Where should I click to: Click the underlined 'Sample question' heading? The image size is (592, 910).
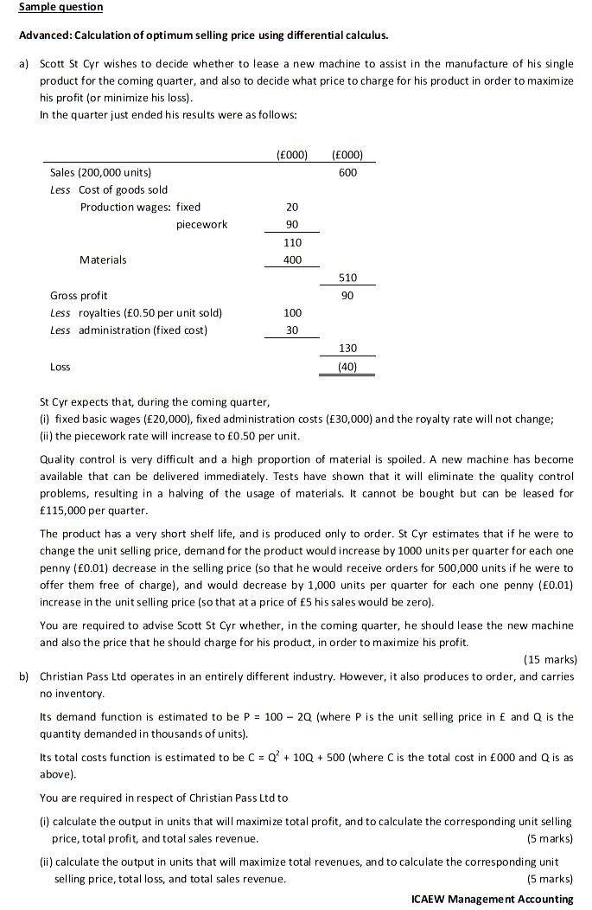pos(60,7)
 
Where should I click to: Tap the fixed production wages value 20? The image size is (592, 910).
pos(291,207)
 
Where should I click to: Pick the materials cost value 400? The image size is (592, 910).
pos(291,260)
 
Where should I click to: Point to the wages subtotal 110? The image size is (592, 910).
pos(291,242)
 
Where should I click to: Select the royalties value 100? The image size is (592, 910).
pos(291,312)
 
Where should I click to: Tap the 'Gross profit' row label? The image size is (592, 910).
pos(79,295)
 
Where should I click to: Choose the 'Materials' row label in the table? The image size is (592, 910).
pos(103,260)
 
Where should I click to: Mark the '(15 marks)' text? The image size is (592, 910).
pos(551,659)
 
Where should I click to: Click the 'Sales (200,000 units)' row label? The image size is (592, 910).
pos(101,172)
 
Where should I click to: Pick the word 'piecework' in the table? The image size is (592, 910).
pos(201,224)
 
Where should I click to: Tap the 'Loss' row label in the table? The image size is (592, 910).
pos(60,366)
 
